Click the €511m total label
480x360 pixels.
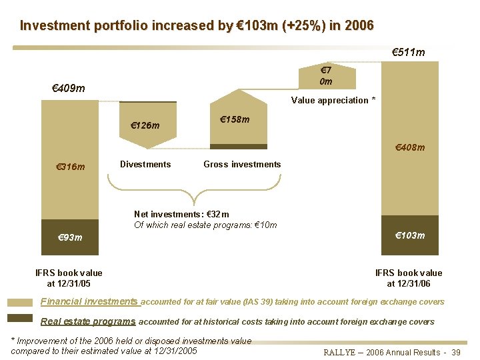408,52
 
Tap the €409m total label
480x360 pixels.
69,87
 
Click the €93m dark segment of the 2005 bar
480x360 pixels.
69,237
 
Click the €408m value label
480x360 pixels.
409,147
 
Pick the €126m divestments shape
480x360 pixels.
147,124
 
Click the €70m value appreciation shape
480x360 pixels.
326,76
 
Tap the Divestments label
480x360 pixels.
145,164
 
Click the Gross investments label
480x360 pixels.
242,164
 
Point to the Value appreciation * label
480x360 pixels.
333,100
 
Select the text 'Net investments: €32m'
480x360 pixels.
181,214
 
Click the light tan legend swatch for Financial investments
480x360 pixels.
19,301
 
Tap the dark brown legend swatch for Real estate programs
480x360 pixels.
19,319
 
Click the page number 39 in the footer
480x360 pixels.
456,352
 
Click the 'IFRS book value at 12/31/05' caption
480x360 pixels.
69,278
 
